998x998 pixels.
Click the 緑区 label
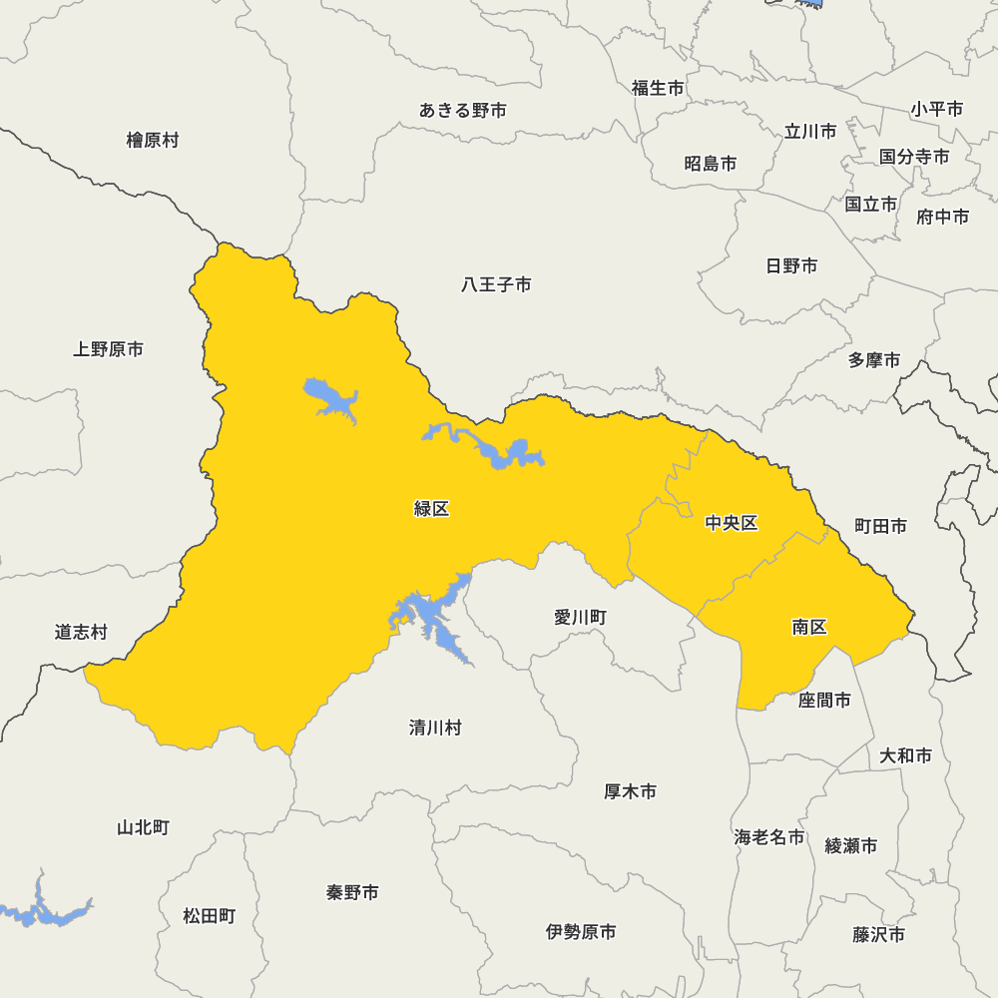(x=431, y=509)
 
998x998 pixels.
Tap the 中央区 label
(x=732, y=523)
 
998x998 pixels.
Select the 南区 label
(x=809, y=627)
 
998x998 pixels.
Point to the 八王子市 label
(x=496, y=285)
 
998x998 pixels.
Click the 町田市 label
(x=881, y=526)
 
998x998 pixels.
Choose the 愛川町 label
(x=580, y=618)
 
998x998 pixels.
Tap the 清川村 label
(x=435, y=728)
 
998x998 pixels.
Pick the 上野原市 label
(x=108, y=349)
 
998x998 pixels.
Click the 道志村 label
(x=81, y=632)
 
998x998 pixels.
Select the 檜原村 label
(x=153, y=140)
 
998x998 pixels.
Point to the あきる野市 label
(x=463, y=111)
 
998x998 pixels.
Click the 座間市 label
(x=824, y=701)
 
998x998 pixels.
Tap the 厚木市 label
(x=631, y=791)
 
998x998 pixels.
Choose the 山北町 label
(x=143, y=827)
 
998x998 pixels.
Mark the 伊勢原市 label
(x=581, y=932)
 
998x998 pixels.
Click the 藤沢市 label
(x=879, y=935)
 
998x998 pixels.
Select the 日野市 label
(x=791, y=265)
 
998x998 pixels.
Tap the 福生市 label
(x=658, y=88)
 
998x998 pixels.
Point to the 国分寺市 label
(x=914, y=157)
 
